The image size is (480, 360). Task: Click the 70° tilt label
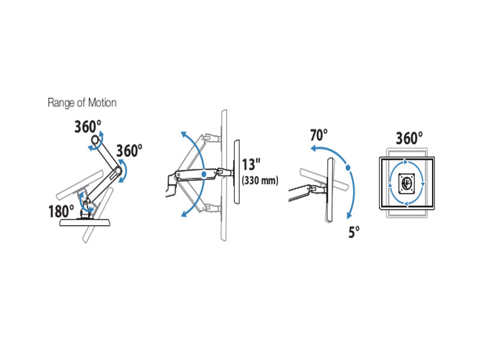(x=319, y=136)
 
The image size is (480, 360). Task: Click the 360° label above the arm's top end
(x=88, y=127)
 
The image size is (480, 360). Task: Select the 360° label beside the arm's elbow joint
(x=130, y=150)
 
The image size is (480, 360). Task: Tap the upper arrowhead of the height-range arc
(x=182, y=134)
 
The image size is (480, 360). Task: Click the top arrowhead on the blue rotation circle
(x=406, y=162)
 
